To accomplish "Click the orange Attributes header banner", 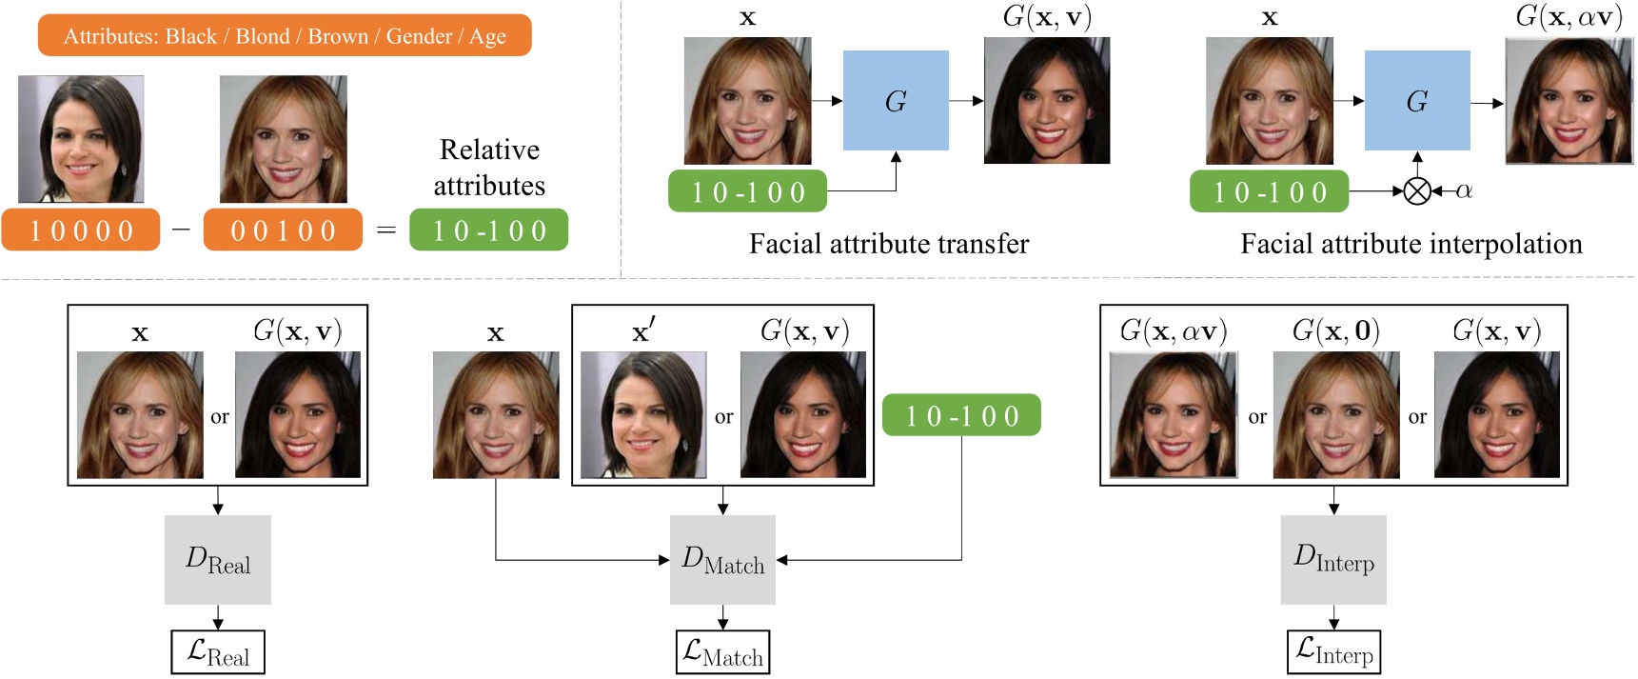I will [285, 36].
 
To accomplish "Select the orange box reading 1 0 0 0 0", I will [81, 230].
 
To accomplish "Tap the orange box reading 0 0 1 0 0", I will [283, 230].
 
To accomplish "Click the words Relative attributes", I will [489, 168].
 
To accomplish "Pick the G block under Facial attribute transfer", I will [896, 101].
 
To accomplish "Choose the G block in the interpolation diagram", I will [1417, 101].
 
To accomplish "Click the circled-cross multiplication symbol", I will [1417, 191].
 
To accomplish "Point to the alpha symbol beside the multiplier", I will [1464, 190].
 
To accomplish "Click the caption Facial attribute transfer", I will [889, 245].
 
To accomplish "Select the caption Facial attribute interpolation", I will [1411, 245].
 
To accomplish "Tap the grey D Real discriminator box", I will [218, 560].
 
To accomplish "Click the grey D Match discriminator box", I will [722, 560].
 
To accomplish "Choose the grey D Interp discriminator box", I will [1333, 559].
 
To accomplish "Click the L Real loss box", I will [218, 652].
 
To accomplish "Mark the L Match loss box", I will [722, 652].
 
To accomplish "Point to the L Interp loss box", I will [1333, 651].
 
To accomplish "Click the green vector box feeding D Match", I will [961, 416].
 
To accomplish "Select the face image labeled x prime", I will [643, 415].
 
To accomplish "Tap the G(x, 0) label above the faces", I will [1335, 330].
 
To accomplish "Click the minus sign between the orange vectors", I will [182, 230].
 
